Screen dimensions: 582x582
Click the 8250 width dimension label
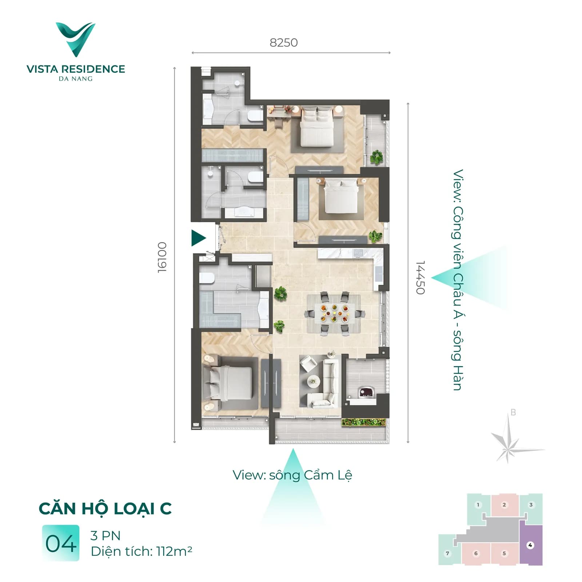coord(284,43)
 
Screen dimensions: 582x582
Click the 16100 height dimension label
coord(162,257)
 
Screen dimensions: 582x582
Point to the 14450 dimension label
coord(420,277)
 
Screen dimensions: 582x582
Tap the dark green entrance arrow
coord(199,238)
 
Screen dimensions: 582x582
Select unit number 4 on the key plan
coord(530,545)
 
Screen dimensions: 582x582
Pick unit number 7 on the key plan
coord(447,553)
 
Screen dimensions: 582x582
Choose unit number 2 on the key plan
coord(504,505)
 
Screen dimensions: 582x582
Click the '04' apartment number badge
coord(61,543)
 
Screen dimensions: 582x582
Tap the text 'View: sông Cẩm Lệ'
coord(292,475)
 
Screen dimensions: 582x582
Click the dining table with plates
coord(334,313)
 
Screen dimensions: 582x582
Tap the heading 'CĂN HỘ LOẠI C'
coord(105,508)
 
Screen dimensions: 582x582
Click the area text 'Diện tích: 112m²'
coord(141,551)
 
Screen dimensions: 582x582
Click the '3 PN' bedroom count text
coord(105,535)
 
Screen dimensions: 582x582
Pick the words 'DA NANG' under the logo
coord(76,79)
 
